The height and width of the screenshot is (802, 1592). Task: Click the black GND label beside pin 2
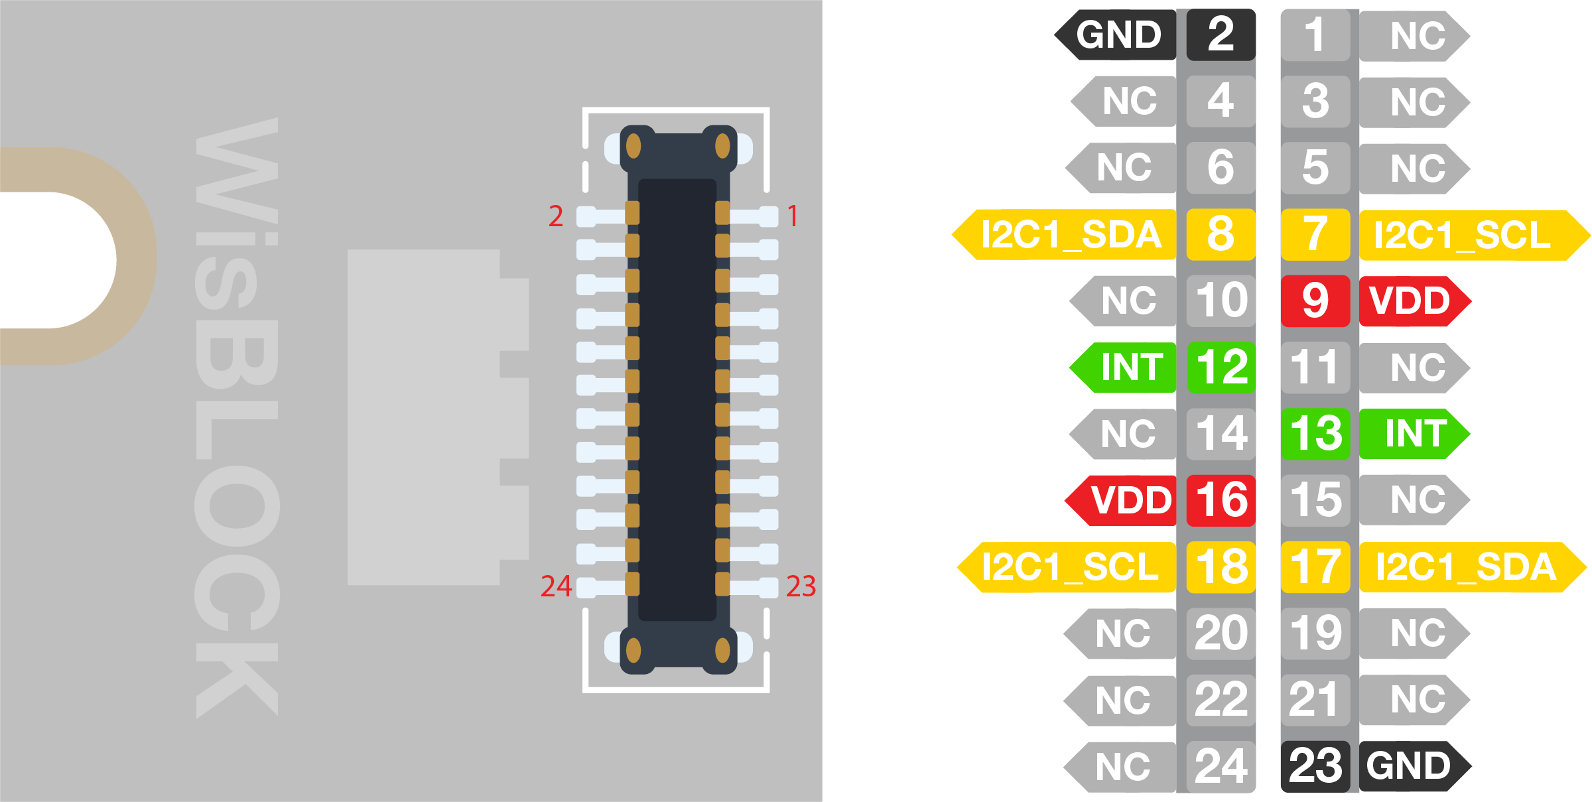(x=1118, y=35)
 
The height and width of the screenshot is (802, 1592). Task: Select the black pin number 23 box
(x=1315, y=766)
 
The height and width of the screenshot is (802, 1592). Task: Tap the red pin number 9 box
(x=1315, y=301)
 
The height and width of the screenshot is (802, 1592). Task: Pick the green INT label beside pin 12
(x=1127, y=368)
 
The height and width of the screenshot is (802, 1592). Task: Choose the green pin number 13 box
(x=1315, y=434)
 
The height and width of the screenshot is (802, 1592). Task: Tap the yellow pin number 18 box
(x=1221, y=567)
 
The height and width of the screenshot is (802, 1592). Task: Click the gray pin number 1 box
(x=1315, y=35)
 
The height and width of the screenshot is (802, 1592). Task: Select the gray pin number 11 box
(x=1315, y=368)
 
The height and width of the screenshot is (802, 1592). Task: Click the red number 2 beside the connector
(x=556, y=216)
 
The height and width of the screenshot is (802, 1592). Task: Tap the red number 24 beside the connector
(x=556, y=586)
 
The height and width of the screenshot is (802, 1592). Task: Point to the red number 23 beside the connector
(x=801, y=586)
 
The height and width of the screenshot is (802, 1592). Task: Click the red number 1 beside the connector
(x=793, y=216)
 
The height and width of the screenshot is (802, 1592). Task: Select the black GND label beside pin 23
(x=1410, y=766)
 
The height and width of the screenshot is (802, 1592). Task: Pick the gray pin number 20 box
(x=1221, y=634)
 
